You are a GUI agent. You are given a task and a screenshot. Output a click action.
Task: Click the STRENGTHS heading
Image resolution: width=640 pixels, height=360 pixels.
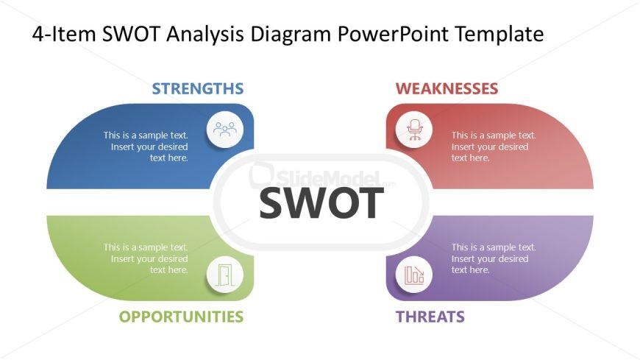point(198,88)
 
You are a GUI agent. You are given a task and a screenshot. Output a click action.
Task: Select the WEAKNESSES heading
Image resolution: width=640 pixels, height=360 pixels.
point(447,88)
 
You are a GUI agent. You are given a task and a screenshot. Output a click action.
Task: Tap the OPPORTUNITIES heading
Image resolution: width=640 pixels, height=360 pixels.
point(181,317)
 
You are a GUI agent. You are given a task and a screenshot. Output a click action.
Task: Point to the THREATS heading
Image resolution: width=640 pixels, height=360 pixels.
point(430,317)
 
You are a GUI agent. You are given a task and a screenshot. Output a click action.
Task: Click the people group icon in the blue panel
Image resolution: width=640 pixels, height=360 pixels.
point(225,130)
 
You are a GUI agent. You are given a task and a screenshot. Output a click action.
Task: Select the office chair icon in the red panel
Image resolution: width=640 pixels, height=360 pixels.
point(414,130)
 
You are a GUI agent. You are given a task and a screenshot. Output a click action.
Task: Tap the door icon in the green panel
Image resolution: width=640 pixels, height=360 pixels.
point(225,275)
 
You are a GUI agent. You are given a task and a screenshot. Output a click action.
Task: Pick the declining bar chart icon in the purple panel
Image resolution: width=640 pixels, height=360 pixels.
point(414,275)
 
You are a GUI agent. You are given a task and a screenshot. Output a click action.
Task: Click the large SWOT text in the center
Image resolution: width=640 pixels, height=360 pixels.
point(321,203)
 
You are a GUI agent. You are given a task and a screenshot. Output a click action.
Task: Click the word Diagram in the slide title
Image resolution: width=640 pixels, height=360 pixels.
point(291,34)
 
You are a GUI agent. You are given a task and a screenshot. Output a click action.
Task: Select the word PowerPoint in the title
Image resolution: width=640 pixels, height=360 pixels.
point(393,34)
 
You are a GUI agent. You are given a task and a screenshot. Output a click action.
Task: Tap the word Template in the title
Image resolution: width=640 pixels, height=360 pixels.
point(499,34)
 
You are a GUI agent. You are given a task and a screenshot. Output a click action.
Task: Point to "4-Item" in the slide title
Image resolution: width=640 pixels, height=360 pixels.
point(64,34)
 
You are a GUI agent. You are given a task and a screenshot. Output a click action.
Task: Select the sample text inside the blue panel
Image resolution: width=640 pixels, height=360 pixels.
point(146,147)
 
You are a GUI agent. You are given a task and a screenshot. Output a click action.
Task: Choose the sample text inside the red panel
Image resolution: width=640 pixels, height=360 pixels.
point(494,147)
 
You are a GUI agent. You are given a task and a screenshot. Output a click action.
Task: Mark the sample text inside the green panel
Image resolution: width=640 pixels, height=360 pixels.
point(146,258)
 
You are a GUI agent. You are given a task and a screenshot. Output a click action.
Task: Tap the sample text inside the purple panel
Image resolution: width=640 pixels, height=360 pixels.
point(494,258)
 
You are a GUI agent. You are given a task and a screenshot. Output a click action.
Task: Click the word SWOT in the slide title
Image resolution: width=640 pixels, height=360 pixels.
point(131,34)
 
